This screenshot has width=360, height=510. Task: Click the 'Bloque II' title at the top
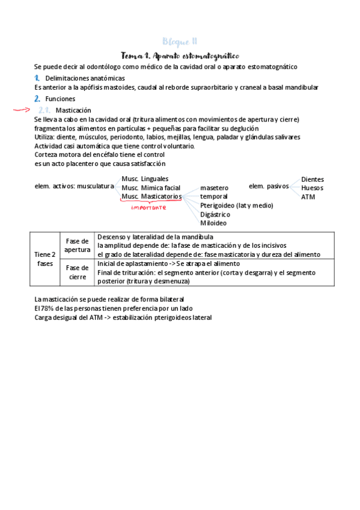(x=180, y=41)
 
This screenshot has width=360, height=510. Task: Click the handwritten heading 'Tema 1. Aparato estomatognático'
(x=180, y=55)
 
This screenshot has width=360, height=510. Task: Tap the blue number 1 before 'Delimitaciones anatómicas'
(x=37, y=78)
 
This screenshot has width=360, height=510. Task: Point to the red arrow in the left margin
(x=22, y=110)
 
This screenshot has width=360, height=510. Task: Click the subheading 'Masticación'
(x=73, y=111)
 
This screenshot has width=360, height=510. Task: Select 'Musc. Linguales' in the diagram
(x=145, y=179)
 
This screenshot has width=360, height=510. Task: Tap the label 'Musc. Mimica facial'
(x=151, y=188)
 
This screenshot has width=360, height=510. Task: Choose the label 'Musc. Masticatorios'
(x=151, y=197)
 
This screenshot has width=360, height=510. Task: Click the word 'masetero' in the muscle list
(x=214, y=188)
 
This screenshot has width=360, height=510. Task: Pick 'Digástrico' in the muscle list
(x=216, y=214)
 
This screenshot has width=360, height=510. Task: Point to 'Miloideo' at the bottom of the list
(x=213, y=223)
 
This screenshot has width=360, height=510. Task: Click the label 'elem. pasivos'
(x=269, y=186)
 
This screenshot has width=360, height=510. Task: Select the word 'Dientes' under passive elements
(x=313, y=179)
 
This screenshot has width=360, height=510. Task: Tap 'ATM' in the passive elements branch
(x=308, y=197)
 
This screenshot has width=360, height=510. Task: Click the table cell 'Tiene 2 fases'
(x=44, y=259)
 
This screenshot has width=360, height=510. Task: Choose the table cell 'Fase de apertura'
(x=77, y=245)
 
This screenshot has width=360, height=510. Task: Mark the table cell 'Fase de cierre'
(x=77, y=272)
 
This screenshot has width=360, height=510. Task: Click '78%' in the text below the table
(x=49, y=308)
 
